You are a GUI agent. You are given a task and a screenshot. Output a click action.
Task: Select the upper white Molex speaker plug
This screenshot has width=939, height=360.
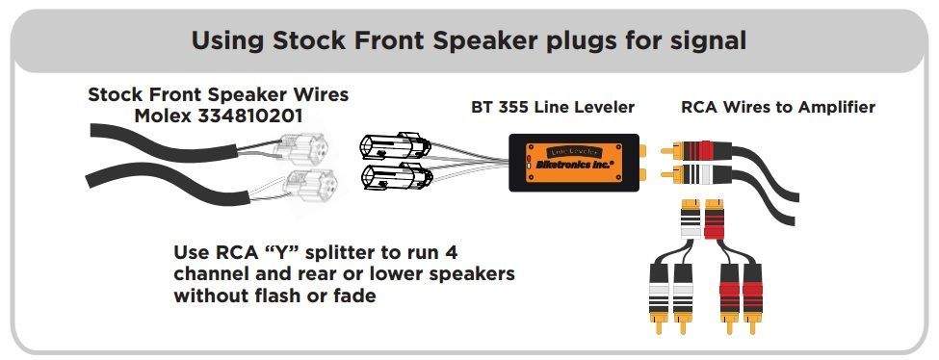coord(307,148)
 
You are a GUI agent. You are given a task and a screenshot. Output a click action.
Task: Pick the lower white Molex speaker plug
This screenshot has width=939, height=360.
coord(309,185)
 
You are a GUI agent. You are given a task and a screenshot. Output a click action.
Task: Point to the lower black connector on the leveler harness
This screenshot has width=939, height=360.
coord(397,177)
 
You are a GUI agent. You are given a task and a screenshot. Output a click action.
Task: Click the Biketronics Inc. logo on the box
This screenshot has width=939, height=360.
coord(575,165)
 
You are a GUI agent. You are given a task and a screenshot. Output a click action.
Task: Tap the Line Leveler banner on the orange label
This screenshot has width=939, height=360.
coord(574,151)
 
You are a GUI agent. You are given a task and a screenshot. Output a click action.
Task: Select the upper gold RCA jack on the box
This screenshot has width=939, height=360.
coord(642,150)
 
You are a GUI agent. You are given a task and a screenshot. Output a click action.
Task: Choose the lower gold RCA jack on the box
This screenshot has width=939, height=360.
coord(642,175)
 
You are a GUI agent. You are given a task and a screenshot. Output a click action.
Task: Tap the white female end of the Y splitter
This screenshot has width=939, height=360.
coord(691,219)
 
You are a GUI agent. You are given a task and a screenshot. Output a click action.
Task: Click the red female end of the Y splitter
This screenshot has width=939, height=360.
coord(715,219)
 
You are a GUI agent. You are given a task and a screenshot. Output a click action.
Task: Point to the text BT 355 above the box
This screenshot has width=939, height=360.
coord(498,107)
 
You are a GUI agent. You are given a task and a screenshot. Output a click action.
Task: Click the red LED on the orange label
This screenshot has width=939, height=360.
coord(529,158)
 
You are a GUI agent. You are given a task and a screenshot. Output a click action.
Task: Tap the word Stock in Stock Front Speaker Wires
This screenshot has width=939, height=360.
coord(115,94)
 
